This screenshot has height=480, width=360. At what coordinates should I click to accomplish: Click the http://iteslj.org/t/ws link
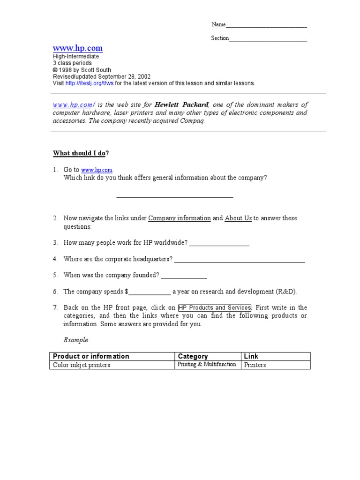pos(90,83)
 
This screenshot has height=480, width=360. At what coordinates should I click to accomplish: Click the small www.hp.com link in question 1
pos(97,170)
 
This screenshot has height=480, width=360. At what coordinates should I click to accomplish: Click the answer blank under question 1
pos(174,196)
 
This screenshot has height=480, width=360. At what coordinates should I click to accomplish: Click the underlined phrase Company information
pos(180,218)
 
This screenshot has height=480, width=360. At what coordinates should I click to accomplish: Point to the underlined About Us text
pos(238,218)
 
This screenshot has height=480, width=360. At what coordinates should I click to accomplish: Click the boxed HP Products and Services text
pos(215,307)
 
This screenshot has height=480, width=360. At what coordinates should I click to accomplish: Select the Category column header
pos(193,356)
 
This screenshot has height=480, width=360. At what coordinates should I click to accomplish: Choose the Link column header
pos(251,356)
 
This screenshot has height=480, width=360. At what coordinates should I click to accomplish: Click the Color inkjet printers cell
pos(82,365)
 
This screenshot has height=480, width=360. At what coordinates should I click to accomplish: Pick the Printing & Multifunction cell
pos(206,364)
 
